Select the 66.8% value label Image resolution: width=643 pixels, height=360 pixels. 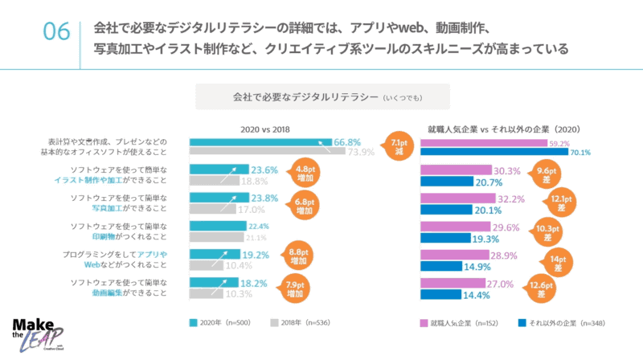[347, 141]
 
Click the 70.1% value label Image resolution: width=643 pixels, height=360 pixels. [580, 152]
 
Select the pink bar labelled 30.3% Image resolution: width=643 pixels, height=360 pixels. [456, 170]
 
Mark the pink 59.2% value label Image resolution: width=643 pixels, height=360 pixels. [558, 143]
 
